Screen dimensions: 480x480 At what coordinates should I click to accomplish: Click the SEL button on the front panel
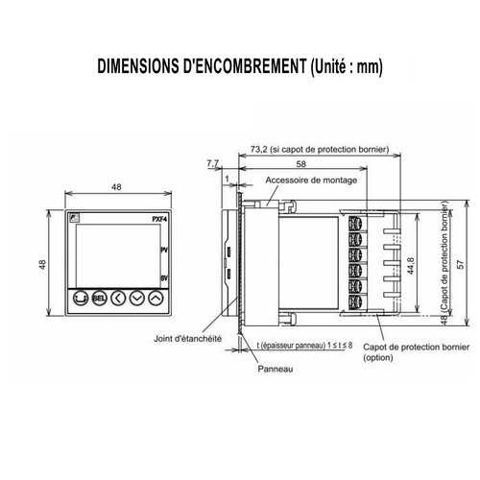point(98,299)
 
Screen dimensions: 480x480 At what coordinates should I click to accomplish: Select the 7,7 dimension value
point(212,164)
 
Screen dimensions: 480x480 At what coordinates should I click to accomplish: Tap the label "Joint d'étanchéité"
point(188,338)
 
